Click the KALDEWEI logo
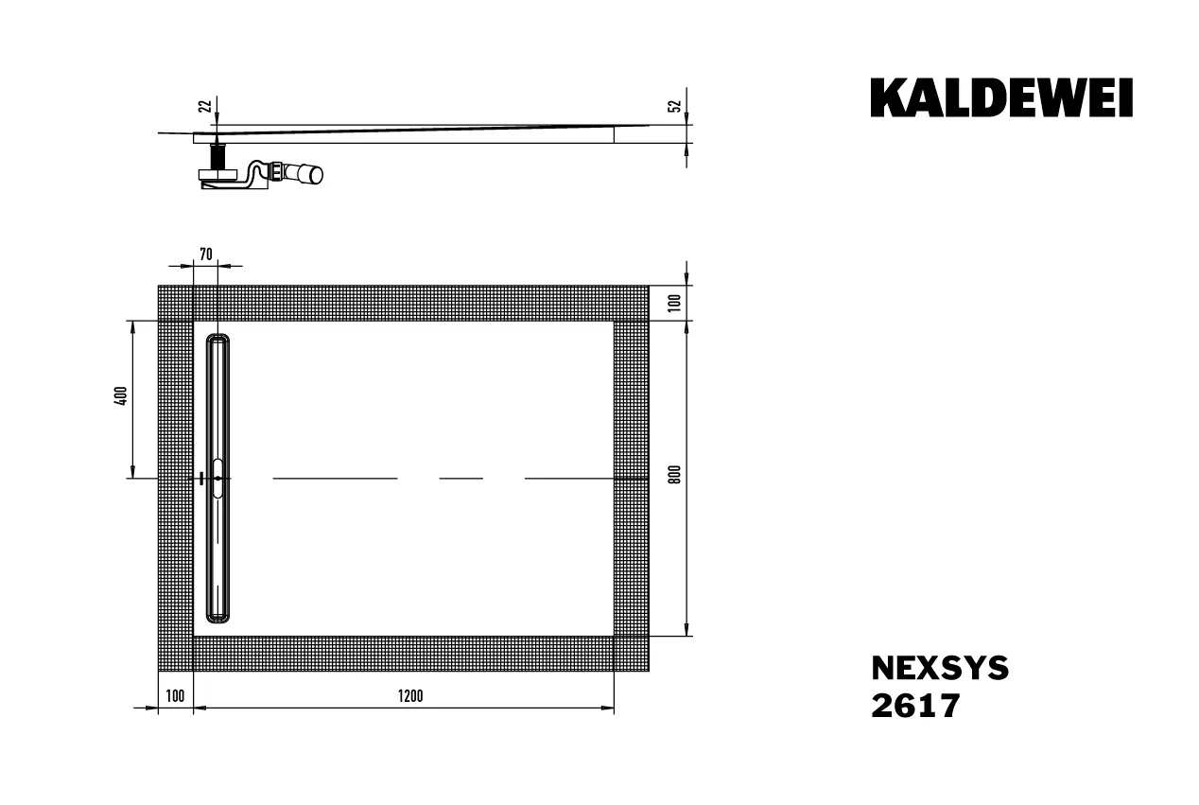pos(1001,98)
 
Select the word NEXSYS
pos(939,669)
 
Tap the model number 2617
pos(914,706)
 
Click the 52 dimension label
pos(673,106)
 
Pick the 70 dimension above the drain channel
pos(206,254)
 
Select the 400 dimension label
pos(120,397)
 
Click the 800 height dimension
pos(673,475)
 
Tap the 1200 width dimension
pos(409,696)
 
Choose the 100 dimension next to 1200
pos(175,696)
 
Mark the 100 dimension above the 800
pos(673,303)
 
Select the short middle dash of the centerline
pos(461,479)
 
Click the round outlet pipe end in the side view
pos(313,174)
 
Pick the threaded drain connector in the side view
pos(218,153)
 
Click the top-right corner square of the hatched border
pos(631,303)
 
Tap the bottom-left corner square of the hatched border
pos(175,654)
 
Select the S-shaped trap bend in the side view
pos(253,173)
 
